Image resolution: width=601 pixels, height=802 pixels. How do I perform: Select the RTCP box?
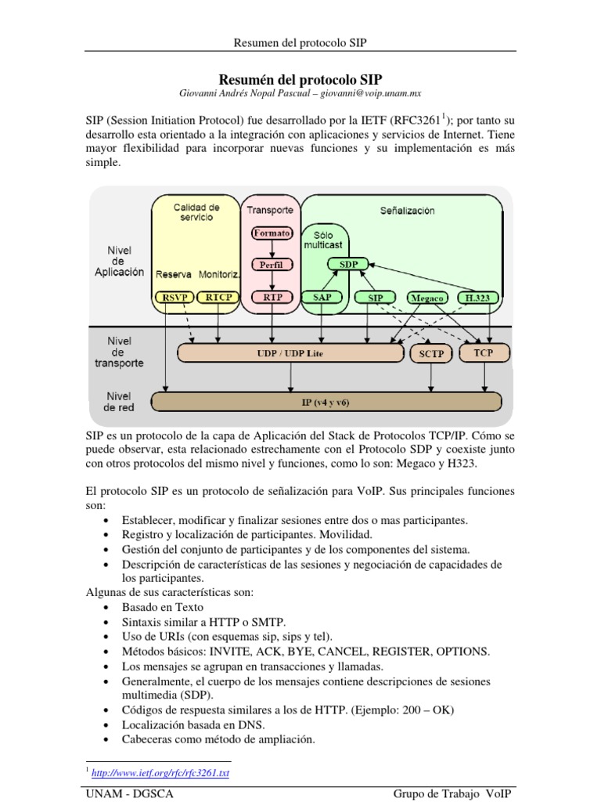click(x=213, y=298)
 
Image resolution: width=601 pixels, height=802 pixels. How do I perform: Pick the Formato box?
click(x=271, y=233)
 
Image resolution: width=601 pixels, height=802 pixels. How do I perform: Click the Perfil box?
click(x=271, y=265)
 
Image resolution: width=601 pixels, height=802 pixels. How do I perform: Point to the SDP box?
click(x=349, y=265)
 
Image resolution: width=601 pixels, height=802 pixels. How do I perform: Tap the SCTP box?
click(x=430, y=354)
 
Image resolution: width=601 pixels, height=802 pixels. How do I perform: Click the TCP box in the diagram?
click(x=484, y=353)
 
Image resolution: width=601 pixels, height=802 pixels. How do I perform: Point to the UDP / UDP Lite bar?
click(x=290, y=354)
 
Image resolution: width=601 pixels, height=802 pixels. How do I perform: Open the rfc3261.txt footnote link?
click(x=160, y=773)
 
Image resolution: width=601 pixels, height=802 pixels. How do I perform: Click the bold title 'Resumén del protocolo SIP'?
click(x=300, y=78)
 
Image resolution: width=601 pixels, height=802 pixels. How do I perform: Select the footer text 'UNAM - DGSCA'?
click(x=129, y=794)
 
